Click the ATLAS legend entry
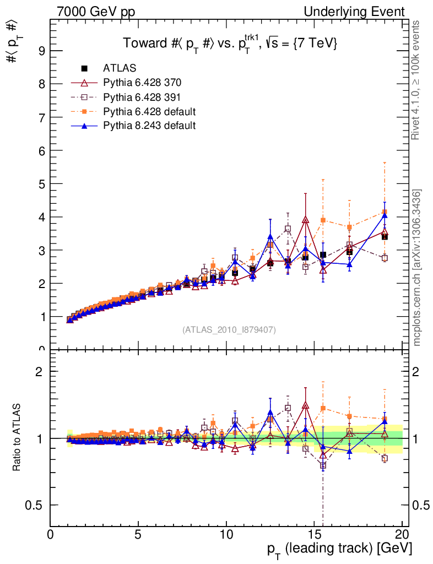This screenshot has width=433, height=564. point(120,68)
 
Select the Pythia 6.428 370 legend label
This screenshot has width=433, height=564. point(142,83)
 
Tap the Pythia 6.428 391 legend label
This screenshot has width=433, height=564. point(142,97)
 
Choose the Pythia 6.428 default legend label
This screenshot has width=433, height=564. point(149,111)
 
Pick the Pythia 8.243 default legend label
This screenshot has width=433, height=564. point(149,126)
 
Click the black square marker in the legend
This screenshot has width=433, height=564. point(84,68)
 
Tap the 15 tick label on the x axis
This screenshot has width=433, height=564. point(314,535)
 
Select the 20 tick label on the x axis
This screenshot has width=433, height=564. point(402,535)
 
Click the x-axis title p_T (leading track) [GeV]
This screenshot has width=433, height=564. point(339,549)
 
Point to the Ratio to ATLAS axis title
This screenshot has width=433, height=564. point(17,438)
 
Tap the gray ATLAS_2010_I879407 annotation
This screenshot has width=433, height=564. point(229,330)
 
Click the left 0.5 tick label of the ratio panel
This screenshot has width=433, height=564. point(39,505)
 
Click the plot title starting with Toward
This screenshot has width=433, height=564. point(229,43)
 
